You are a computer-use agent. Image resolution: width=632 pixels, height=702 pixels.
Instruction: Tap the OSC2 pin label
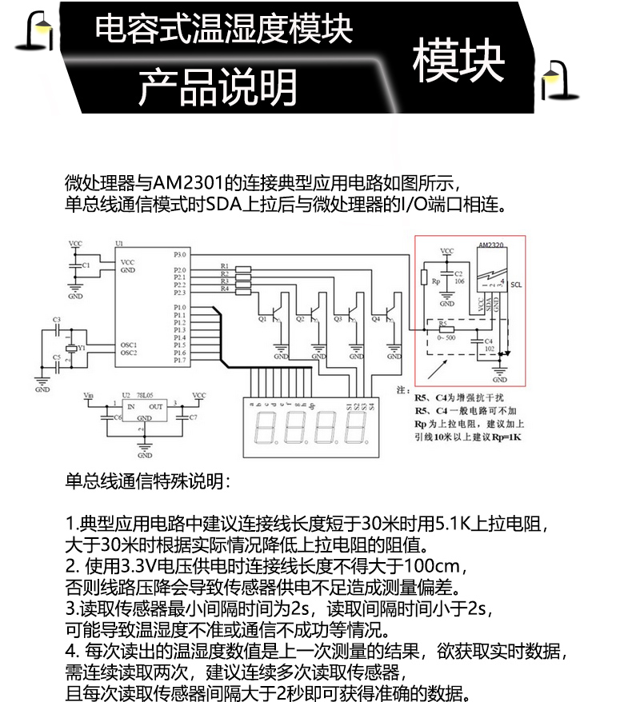[x=129, y=353]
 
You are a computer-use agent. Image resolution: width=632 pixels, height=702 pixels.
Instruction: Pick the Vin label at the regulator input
[x=89, y=395]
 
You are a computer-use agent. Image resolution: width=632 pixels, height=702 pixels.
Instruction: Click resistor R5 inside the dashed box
[x=444, y=329]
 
